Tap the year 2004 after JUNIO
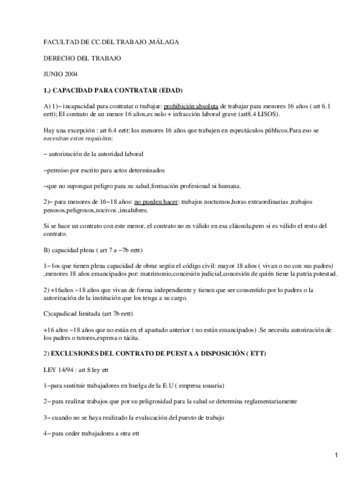pos(71,74)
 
